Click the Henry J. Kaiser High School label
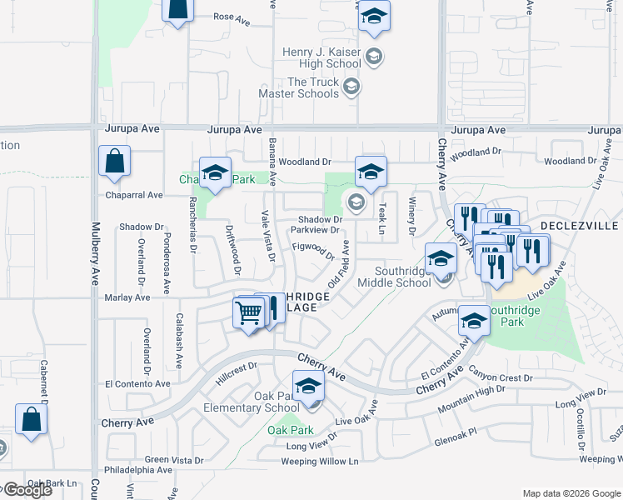coord(321,57)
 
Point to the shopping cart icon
coord(249,313)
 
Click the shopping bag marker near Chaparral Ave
coord(114,162)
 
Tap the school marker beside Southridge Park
coord(474,321)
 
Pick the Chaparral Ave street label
coord(133,195)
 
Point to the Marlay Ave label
coord(127,297)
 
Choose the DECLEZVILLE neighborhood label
coord(581,226)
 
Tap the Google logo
coord(27,489)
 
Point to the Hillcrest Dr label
coord(237,367)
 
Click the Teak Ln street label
coord(382,218)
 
